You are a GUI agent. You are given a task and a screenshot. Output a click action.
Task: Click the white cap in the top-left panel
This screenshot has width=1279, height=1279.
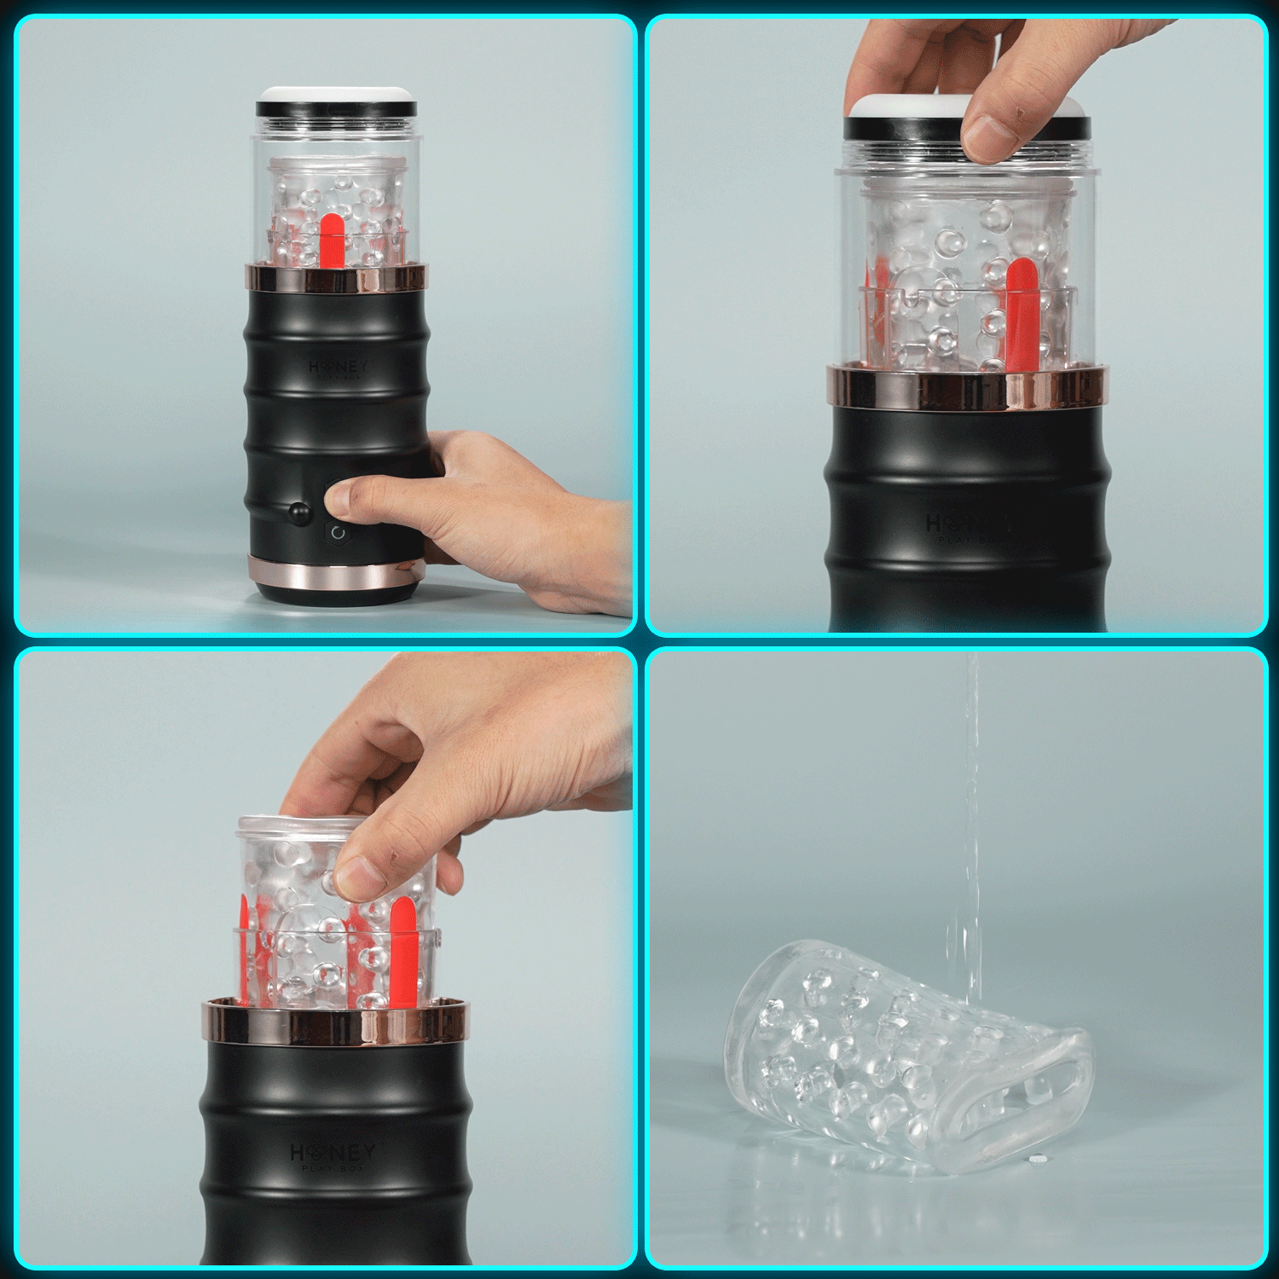coord(336,94)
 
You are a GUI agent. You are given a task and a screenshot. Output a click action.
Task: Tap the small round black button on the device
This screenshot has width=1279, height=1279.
coord(299,512)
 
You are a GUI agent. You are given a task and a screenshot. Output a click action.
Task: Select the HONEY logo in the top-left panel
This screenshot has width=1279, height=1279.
coord(338,367)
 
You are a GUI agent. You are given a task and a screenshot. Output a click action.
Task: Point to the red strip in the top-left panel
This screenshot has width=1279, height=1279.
coord(331,240)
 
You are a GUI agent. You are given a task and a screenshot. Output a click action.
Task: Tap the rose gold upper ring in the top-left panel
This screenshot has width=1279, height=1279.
coord(336,279)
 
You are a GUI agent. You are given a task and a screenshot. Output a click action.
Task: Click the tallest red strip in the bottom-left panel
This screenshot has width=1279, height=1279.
coord(402,951)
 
